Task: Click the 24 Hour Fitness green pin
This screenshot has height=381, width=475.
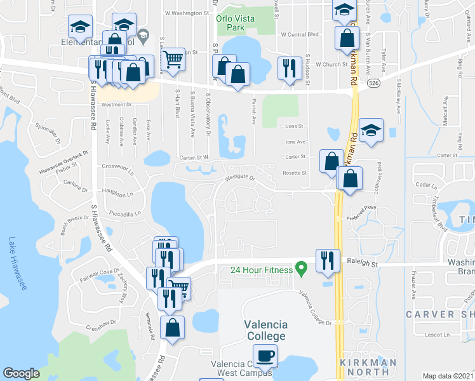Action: pos(302,270)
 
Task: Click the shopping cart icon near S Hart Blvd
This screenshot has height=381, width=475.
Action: pos(173,60)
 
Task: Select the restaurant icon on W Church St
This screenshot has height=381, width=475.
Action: pos(290,67)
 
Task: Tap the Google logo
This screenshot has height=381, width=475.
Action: pos(22,373)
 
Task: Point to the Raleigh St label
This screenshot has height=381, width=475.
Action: pos(362,262)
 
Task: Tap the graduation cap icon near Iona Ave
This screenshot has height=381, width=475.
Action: pos(371,131)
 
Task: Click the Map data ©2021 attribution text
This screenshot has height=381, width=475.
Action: pos(448,376)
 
